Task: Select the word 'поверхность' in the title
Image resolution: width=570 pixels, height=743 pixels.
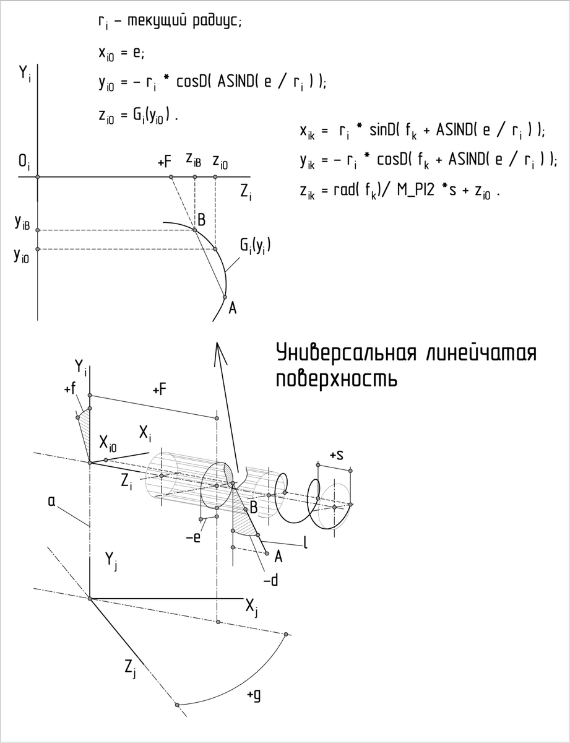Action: coord(336,378)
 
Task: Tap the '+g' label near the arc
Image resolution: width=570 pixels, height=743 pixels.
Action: coord(253,695)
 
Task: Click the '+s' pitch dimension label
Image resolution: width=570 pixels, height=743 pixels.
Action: coord(337,455)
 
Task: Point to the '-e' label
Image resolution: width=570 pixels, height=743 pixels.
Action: coord(193,537)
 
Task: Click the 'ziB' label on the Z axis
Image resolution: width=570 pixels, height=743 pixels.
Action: coord(193,159)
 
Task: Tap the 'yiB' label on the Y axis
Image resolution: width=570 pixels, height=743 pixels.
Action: coord(22,224)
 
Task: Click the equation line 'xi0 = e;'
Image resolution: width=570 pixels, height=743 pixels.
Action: coord(121,54)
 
